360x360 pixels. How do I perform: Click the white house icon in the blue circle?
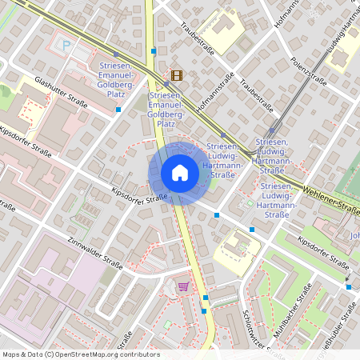pyautogui.click(x=179, y=173)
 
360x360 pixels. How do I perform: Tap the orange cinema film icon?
pyautogui.click(x=176, y=76)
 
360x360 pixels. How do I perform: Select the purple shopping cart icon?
pyautogui.click(x=184, y=286)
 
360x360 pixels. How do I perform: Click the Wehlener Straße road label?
pyautogui.click(x=331, y=199)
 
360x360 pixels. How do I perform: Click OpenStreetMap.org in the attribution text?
pyautogui.click(x=87, y=354)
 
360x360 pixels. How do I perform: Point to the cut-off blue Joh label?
pyautogui.click(x=354, y=235)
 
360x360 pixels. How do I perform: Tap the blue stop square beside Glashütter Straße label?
pyautogui.click(x=118, y=109)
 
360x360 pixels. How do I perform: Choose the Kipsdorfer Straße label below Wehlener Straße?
pyautogui.click(x=323, y=252)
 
